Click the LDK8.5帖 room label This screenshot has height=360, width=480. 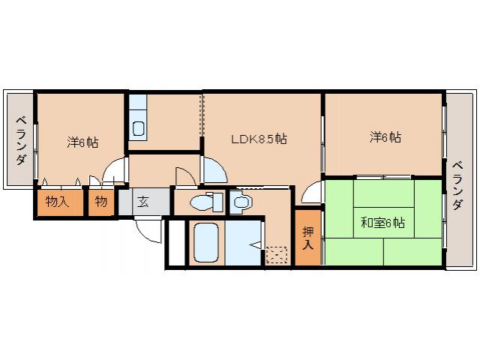point(257,139)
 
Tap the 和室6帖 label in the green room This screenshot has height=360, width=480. point(383,223)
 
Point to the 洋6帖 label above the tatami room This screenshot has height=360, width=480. point(384,138)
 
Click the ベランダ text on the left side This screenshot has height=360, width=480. point(20,141)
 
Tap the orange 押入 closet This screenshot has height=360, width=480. point(307,238)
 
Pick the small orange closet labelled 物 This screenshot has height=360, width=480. point(100,202)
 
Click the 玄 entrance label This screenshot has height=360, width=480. point(142,202)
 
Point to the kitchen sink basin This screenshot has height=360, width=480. point(139,128)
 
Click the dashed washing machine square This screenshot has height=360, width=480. point(276,256)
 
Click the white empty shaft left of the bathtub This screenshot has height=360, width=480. point(175,241)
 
